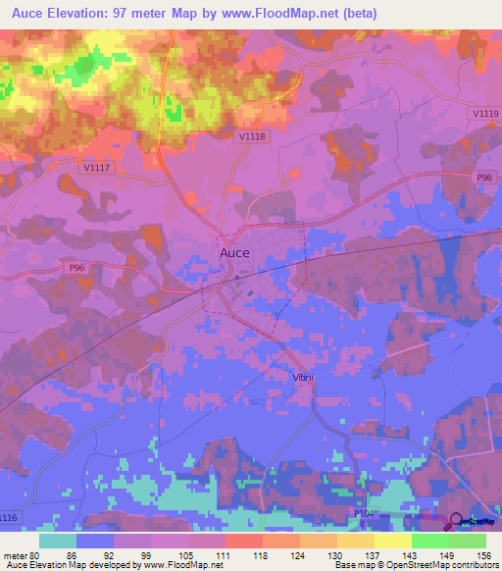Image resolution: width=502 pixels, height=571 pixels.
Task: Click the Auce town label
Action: click(233, 252)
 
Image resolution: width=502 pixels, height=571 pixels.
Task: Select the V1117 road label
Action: click(96, 168)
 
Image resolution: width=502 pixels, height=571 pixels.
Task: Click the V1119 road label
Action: click(484, 115)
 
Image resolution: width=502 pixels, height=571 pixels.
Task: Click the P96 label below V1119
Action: click(483, 177)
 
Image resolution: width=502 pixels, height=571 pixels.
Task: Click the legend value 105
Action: click(189, 555)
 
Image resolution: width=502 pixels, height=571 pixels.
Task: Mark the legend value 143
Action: click(411, 555)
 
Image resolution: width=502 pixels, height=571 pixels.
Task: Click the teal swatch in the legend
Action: click(58, 541)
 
